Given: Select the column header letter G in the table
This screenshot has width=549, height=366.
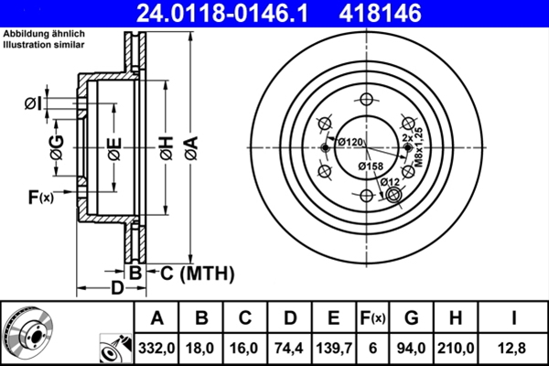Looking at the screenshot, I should point(412,318).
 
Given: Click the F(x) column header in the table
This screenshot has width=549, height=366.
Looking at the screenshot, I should point(373,318).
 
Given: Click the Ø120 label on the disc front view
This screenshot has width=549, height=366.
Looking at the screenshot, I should point(350,142).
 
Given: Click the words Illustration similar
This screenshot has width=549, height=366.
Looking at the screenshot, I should point(44,43).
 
